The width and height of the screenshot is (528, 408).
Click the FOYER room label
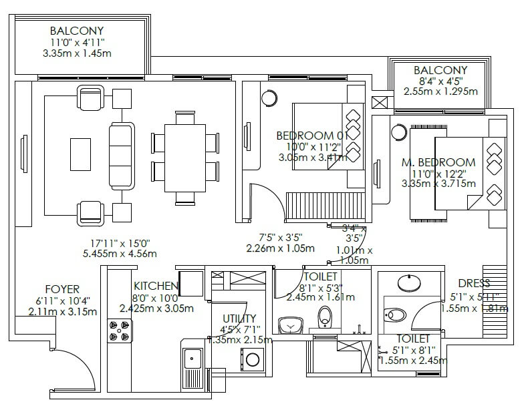click(63, 289)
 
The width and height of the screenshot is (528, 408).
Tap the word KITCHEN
click(155, 285)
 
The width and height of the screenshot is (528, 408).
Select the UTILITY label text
click(239, 318)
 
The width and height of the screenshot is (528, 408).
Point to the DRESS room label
click(474, 283)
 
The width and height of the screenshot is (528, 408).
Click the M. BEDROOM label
click(438, 162)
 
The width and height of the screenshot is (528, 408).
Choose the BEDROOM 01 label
click(311, 136)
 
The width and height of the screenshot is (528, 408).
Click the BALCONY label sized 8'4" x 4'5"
click(440, 70)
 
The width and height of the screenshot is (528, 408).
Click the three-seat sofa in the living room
click(122, 155)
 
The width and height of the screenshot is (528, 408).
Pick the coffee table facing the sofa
click(80, 153)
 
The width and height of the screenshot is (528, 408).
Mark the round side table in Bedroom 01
click(270, 97)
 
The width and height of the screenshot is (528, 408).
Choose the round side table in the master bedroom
click(400, 132)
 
